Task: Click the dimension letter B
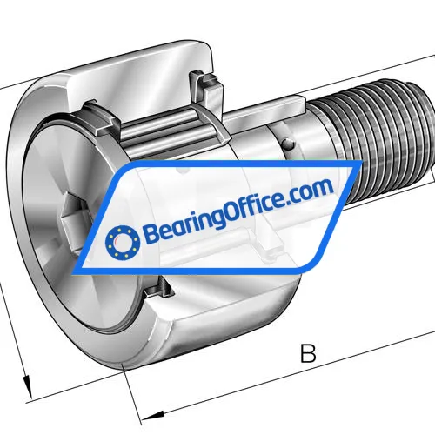coord(306,354)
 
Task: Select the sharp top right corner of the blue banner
coord(358,164)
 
